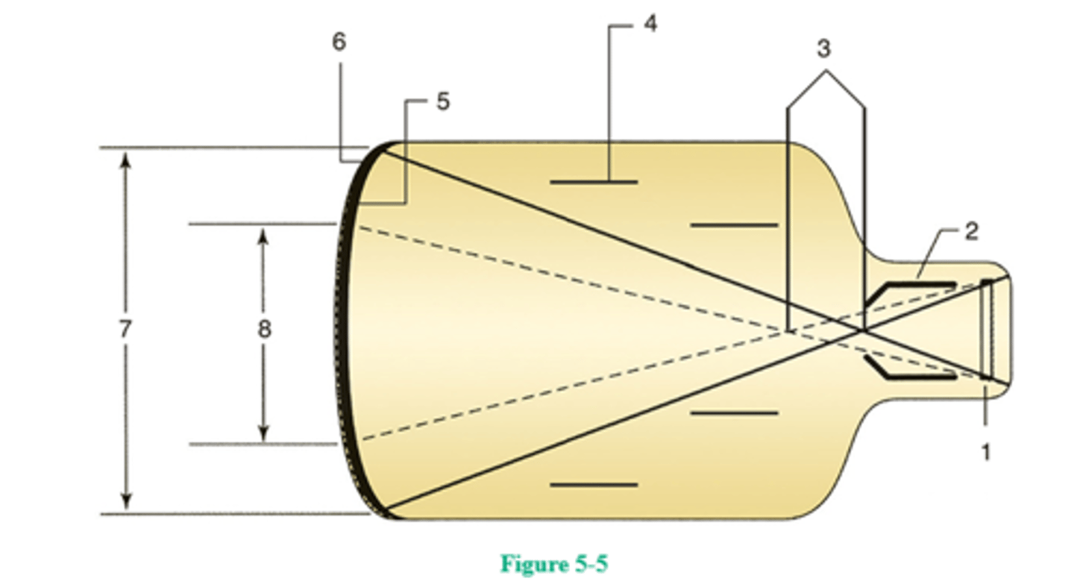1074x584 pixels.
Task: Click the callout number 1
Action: pos(986,451)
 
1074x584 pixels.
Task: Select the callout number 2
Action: pos(970,231)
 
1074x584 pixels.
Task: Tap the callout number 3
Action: pos(823,49)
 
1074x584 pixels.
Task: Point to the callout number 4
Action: pos(650,23)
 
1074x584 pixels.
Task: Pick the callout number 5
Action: pos(443,101)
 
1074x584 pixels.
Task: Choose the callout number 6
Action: pos(339,42)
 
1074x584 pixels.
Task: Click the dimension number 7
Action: pos(125,328)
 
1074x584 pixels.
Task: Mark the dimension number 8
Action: pos(264,329)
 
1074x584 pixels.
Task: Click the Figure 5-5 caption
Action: pos(554,563)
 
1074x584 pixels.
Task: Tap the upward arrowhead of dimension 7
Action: pos(125,160)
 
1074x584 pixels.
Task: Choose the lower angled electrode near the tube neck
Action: pos(910,369)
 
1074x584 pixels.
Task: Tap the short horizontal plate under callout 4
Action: pos(594,181)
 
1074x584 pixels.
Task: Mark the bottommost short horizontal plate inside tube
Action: pos(594,485)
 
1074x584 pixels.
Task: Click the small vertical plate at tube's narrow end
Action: pos(987,330)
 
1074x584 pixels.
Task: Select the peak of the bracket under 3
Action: pos(825,72)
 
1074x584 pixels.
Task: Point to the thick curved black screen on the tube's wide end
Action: pos(345,328)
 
